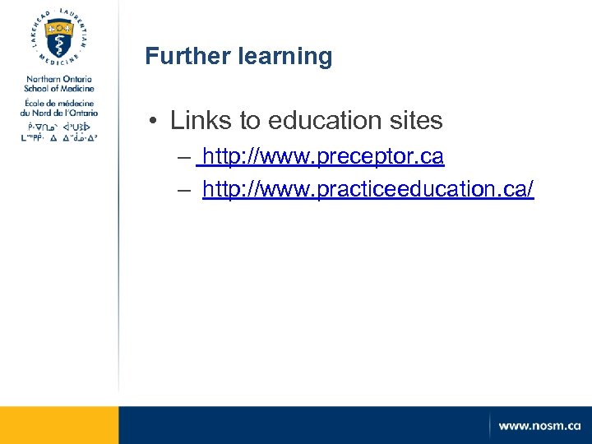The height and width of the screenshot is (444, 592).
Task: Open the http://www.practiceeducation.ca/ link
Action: [x=368, y=190]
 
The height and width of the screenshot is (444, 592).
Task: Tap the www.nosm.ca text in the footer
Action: [x=539, y=426]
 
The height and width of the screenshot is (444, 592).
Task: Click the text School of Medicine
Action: [x=59, y=88]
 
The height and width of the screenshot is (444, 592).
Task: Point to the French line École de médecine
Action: [x=59, y=102]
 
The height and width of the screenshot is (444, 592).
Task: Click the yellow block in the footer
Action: [x=59, y=425]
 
